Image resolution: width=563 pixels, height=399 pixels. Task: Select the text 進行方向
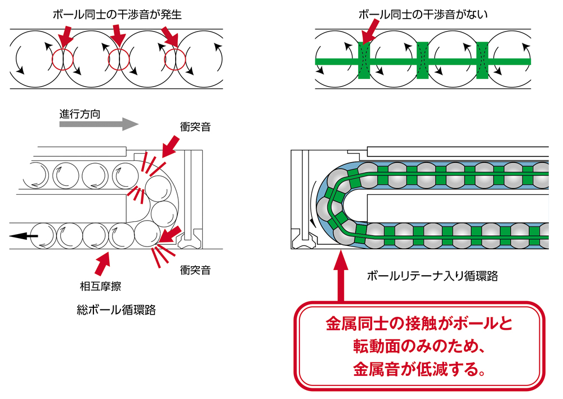pyautogui.click(x=80, y=113)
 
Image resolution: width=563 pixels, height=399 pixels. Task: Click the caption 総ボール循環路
pyautogui.click(x=116, y=310)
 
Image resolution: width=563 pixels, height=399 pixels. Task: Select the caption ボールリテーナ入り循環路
pyautogui.click(x=432, y=276)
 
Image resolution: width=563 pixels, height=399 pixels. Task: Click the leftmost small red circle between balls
pyautogui.click(x=62, y=59)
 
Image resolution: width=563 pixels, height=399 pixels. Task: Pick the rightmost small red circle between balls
pyautogui.click(x=175, y=59)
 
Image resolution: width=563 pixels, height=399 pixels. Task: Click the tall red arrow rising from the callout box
pyautogui.click(x=340, y=276)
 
